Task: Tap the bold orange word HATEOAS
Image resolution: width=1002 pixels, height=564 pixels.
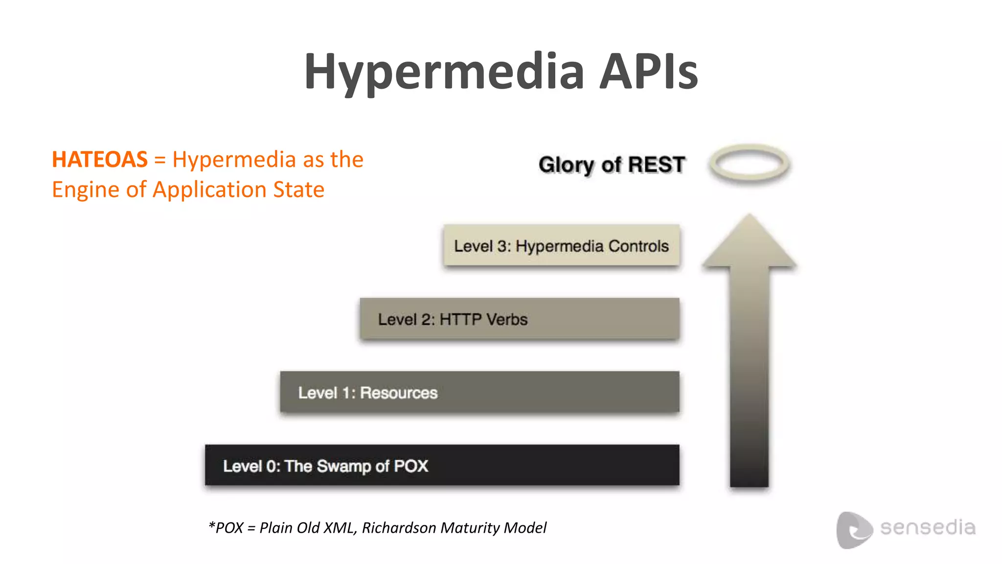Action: point(100,160)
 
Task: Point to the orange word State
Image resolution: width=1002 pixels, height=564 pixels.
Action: point(298,190)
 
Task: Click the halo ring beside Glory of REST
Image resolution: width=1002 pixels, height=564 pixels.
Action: point(749,164)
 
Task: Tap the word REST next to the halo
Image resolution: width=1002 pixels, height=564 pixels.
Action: point(657,165)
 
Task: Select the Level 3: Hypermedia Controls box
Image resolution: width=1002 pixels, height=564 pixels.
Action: point(561,245)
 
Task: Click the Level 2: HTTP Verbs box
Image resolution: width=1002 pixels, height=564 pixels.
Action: point(520,319)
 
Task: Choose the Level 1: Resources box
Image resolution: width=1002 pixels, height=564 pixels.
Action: point(479,392)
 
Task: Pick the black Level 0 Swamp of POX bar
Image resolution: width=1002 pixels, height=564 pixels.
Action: point(442,465)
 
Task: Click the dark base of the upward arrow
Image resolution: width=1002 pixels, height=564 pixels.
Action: point(749,465)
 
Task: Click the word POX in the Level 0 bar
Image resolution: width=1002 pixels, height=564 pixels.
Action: point(411,466)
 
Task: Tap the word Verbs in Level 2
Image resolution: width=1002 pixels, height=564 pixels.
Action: point(507,320)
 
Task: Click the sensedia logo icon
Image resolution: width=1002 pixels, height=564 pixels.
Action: point(853,530)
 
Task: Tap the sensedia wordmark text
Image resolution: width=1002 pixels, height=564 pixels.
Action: point(928,528)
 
